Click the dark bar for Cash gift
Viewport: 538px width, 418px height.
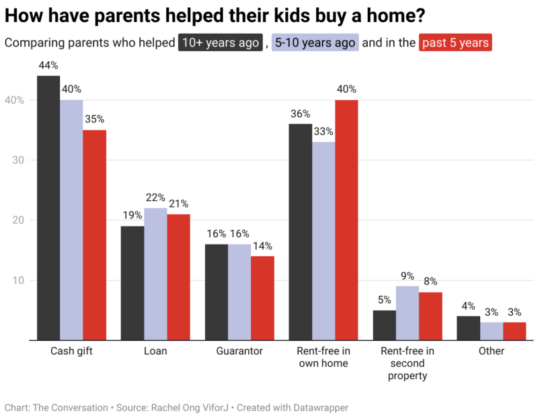(48, 208)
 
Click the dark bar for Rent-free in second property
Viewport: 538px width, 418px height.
(385, 325)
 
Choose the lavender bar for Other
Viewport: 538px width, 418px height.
(492, 331)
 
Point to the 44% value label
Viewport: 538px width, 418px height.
(48, 66)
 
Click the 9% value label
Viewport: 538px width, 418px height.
(408, 276)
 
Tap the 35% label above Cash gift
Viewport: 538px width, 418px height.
(94, 120)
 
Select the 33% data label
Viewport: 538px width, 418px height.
(323, 132)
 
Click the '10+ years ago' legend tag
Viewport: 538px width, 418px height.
(220, 43)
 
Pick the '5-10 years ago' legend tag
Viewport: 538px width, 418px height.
(315, 43)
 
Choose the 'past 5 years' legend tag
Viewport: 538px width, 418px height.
(455, 43)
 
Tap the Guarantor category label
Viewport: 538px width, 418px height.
(239, 351)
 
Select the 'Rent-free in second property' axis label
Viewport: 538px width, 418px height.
(408, 363)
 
